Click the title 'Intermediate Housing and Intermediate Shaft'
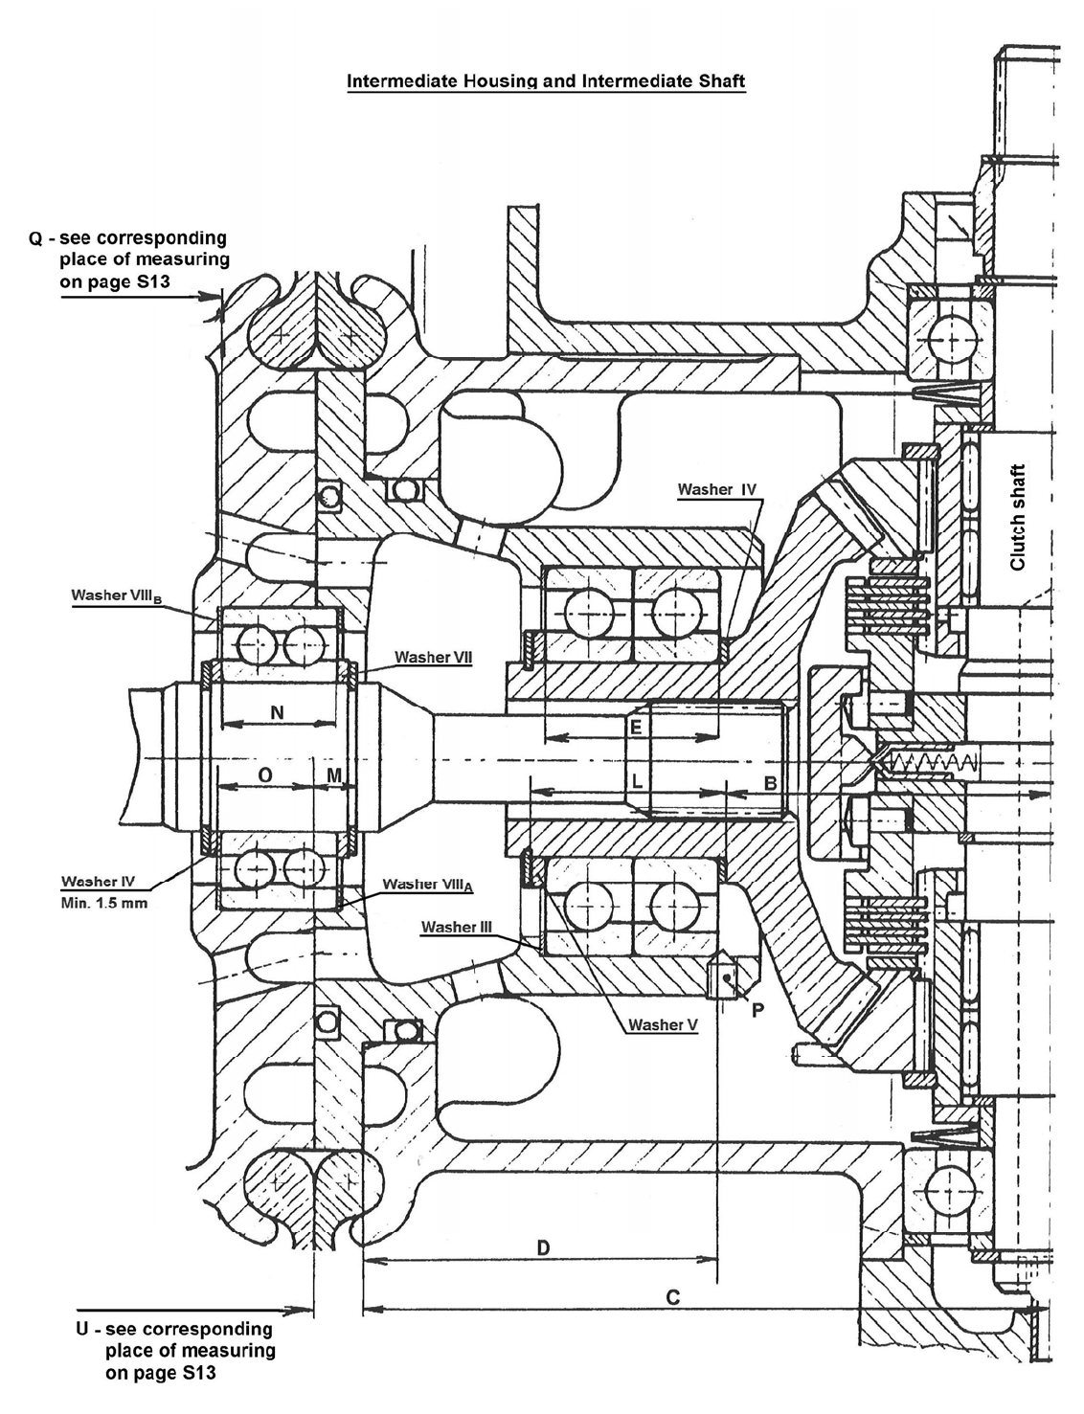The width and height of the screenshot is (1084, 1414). pyautogui.click(x=545, y=81)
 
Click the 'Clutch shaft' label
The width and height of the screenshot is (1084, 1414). pyautogui.click(x=1017, y=517)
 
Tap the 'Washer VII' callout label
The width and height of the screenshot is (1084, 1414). pyautogui.click(x=433, y=658)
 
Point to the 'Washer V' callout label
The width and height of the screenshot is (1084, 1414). pyautogui.click(x=663, y=1025)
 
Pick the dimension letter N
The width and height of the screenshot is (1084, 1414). pyautogui.click(x=278, y=712)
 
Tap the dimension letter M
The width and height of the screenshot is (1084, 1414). pyautogui.click(x=332, y=774)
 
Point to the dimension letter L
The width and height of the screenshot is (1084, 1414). pyautogui.click(x=636, y=781)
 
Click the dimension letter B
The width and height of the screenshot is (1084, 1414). pyautogui.click(x=770, y=781)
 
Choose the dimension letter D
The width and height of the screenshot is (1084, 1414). pyautogui.click(x=542, y=1247)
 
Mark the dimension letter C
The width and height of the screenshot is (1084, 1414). pyautogui.click(x=672, y=1297)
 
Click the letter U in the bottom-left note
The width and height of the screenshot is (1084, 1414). pyautogui.click(x=82, y=1330)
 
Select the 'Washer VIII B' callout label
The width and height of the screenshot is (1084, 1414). pyautogui.click(x=117, y=595)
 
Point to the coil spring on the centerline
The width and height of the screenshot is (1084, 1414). pyautogui.click(x=935, y=762)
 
